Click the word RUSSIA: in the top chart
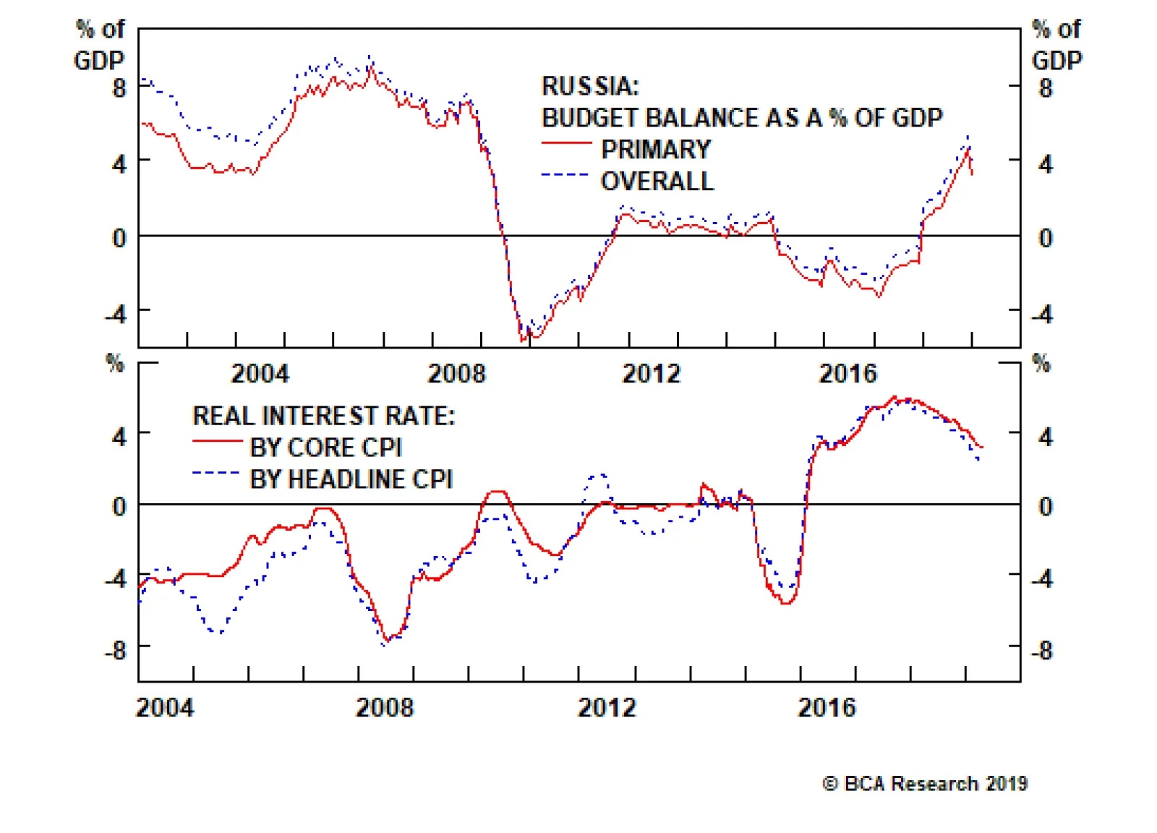pos(590,86)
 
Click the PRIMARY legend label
pos(656,149)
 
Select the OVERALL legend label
pos(657,181)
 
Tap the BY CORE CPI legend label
pos(325,448)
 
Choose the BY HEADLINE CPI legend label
pos(351,479)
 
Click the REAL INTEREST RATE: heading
pos(323,416)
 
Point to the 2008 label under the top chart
pos(456,374)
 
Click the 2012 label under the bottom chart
pos(606,707)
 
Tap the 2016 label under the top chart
pos(847,374)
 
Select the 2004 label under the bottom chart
pos(165,707)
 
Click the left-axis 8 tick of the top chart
pos(119,88)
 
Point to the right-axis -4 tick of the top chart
pos(1042,315)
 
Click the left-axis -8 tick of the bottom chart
pos(116,650)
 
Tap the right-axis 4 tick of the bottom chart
pos(1045,437)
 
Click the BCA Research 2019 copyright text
pos(925,784)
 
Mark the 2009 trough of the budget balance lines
pos(525,337)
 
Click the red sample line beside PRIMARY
pos(566,143)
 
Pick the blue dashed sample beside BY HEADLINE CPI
pos(215,474)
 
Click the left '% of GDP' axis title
pos(100,45)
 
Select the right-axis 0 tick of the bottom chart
pos(1045,506)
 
